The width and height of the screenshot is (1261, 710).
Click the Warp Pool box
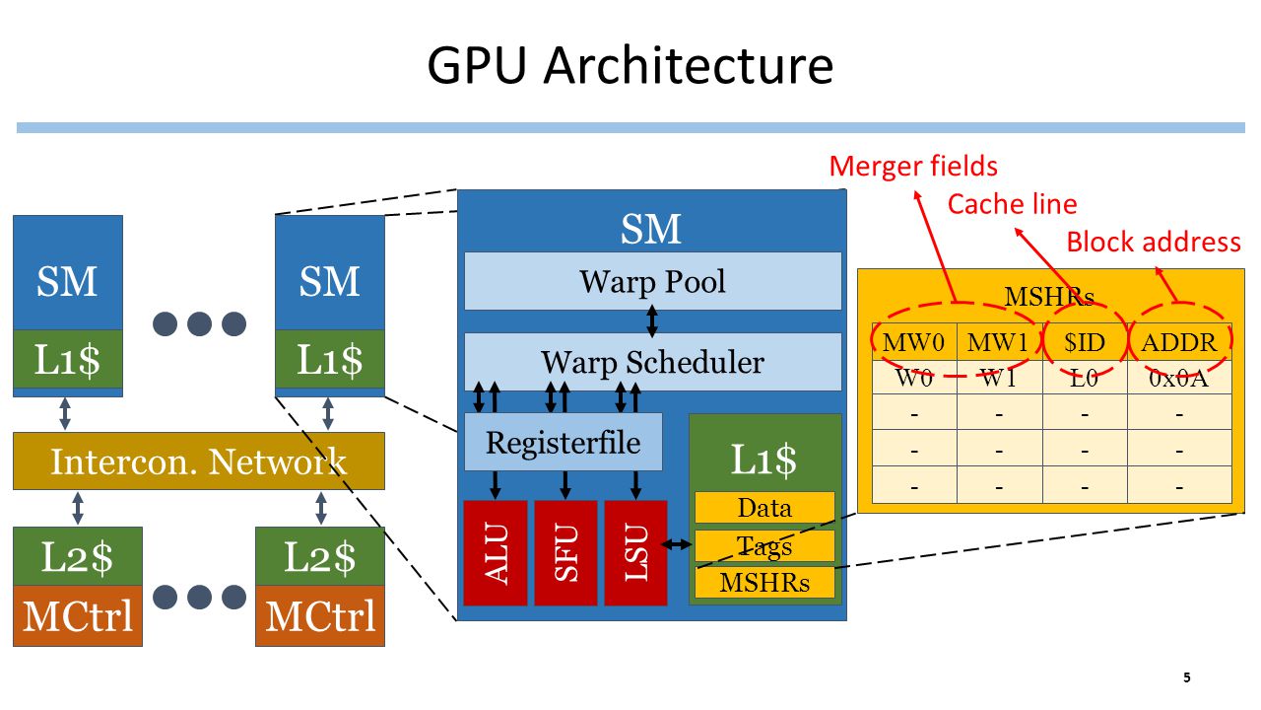coord(652,281)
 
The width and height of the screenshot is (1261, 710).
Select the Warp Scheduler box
coord(652,361)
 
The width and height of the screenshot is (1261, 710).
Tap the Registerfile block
coord(563,442)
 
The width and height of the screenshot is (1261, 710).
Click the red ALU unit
coord(496,553)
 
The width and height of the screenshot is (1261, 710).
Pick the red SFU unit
coord(565,553)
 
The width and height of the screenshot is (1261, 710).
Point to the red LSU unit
coord(636,553)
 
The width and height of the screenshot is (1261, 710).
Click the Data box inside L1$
coord(764,507)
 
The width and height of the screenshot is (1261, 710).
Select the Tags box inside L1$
coord(764,545)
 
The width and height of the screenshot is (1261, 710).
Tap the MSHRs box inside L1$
coord(764,582)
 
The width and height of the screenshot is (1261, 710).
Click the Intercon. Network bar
coord(199,461)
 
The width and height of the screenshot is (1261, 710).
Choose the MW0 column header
coord(914,342)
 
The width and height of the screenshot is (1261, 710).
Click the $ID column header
coord(1085,342)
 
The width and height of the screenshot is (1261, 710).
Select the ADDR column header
coord(1179,342)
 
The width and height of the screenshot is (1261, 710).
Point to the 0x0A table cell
coord(1179,378)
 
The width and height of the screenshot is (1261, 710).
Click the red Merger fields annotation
coord(913,167)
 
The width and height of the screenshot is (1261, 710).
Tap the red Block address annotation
coord(1154,242)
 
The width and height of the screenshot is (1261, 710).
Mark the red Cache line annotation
coord(1012,203)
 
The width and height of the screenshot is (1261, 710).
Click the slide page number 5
coord(1187,677)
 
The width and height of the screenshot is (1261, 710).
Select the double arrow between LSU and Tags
coord(676,544)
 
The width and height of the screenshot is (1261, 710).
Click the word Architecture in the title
coord(688,65)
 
